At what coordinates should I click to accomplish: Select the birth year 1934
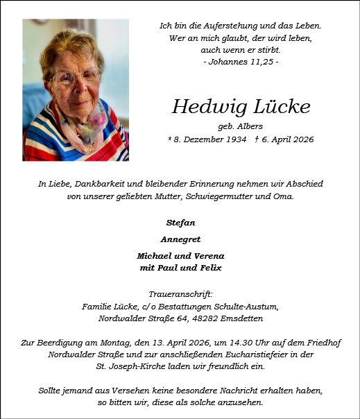(x=234, y=139)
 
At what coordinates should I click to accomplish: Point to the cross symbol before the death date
(x=257, y=139)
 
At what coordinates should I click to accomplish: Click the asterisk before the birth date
(x=170, y=139)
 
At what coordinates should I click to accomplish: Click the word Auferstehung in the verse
(x=225, y=26)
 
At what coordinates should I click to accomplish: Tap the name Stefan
(x=180, y=223)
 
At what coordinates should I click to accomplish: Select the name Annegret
(x=180, y=239)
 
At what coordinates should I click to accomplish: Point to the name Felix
(x=209, y=268)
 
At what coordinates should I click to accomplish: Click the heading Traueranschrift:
(x=180, y=294)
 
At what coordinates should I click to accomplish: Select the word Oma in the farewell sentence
(x=284, y=196)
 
